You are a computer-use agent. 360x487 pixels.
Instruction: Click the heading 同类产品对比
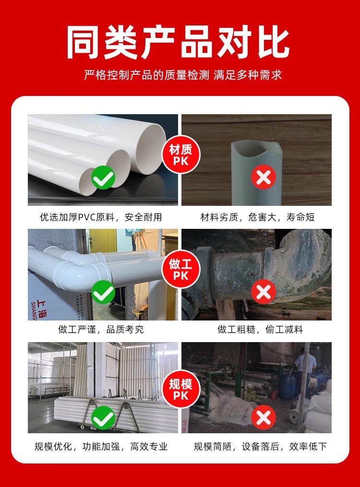click(x=178, y=42)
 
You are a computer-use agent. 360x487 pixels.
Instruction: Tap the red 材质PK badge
click(x=181, y=154)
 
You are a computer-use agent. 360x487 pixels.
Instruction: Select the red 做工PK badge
click(x=181, y=269)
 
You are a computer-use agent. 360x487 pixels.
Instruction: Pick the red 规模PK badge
click(x=181, y=389)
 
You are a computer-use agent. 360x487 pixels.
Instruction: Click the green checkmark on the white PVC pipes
click(x=103, y=178)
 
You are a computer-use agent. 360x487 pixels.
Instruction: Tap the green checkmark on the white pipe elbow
click(x=103, y=292)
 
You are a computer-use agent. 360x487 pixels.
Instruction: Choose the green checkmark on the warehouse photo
click(x=103, y=418)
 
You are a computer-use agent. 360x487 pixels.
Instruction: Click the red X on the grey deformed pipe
click(x=264, y=178)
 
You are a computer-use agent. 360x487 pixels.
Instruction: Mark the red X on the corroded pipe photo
click(x=264, y=292)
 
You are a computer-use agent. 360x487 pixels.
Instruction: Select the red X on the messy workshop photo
click(x=264, y=417)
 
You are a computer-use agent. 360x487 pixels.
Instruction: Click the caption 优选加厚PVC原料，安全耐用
click(x=101, y=217)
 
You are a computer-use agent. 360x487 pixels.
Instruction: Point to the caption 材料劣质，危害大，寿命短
click(x=257, y=217)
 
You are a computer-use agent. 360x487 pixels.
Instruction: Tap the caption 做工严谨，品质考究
click(x=101, y=329)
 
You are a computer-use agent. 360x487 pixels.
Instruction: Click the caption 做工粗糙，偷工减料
click(x=260, y=329)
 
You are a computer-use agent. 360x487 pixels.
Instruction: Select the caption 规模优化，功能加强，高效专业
click(x=101, y=447)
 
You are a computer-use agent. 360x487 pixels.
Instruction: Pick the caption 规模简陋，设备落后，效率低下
click(x=260, y=447)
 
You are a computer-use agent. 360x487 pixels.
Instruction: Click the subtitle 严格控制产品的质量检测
click(x=146, y=75)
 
